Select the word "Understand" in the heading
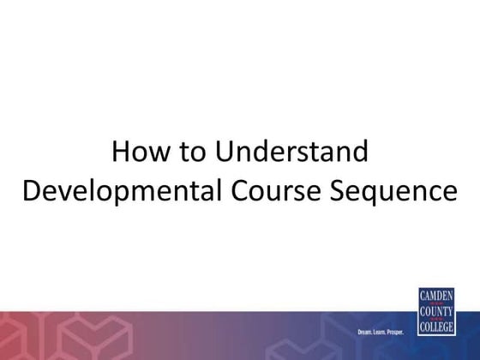pos(291,153)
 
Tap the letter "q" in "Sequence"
pos(375,193)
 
